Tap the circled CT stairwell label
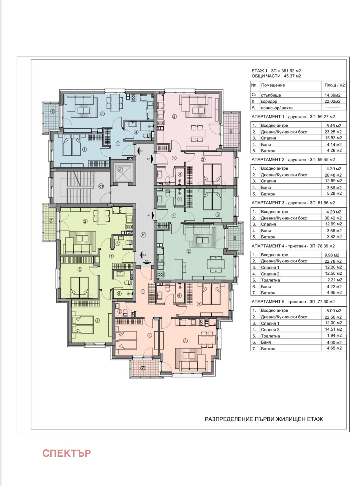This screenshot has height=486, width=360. (x=101, y=187)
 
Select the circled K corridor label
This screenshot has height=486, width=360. (x=143, y=235)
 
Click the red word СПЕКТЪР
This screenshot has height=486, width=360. (x=66, y=453)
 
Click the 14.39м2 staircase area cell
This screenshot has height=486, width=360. (x=332, y=95)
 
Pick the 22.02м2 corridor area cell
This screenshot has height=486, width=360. (x=332, y=101)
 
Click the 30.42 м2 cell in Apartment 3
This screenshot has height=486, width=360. (x=333, y=218)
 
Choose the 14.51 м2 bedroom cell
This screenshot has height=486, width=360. (x=333, y=329)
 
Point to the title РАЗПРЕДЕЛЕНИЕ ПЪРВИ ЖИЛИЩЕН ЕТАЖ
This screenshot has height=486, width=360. (x=264, y=419)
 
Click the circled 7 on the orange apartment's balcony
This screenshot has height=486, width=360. (x=143, y=368)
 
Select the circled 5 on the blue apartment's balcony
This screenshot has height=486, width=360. (x=52, y=111)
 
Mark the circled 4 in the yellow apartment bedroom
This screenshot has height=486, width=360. (x=98, y=321)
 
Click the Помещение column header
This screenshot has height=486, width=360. (x=273, y=85)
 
